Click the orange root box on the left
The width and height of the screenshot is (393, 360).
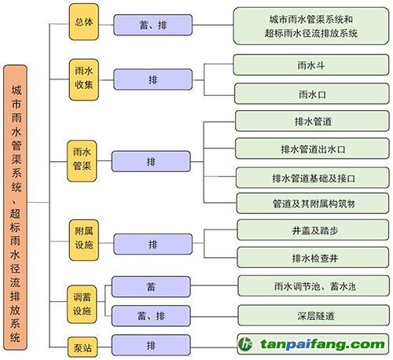coord(15,208)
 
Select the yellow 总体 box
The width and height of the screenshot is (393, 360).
coord(84,22)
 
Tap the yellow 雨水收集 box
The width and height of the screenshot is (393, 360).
coord(84,79)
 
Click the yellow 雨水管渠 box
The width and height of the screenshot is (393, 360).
coord(82,161)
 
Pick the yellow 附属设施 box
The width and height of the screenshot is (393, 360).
coord(84,241)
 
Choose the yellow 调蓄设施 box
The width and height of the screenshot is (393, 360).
coord(82,304)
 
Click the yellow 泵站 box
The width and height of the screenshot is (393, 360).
coord(83,347)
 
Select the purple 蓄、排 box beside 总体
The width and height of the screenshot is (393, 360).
coord(153,25)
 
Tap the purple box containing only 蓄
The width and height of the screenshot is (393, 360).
coord(151,287)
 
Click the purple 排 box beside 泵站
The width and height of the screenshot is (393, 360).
coord(151,345)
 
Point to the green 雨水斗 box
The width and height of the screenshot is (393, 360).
coord(311,64)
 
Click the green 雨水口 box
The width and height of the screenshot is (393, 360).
coord(312,94)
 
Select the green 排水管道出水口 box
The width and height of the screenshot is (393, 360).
coord(312,149)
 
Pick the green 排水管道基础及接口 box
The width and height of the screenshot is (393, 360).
coord(313,178)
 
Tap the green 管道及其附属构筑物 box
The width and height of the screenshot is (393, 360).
coord(313,204)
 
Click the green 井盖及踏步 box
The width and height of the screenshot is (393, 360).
coord(314,230)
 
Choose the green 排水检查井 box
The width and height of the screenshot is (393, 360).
coord(314,258)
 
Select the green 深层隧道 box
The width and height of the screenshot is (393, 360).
coord(314,315)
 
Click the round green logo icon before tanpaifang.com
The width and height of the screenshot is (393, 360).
coord(245,343)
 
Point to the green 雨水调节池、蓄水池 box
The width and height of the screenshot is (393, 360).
coord(314,286)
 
